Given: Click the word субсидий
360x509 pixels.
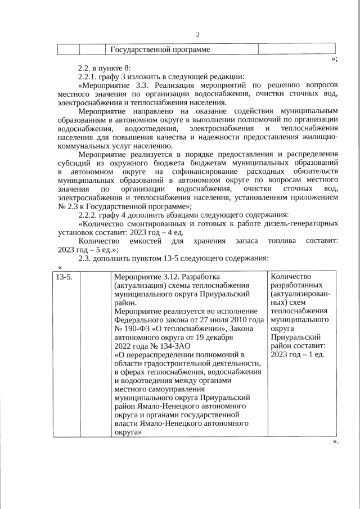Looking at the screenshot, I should tap(75, 162).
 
